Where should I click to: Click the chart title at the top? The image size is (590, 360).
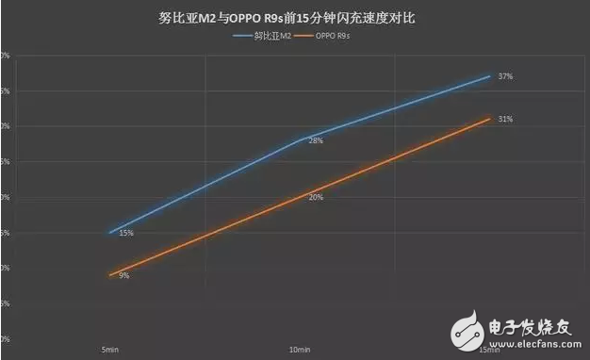pyautogui.click(x=296, y=17)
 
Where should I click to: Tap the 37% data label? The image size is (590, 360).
pyautogui.click(x=505, y=75)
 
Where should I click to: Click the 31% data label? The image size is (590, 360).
pyautogui.click(x=505, y=120)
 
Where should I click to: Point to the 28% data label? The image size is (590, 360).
pyautogui.click(x=316, y=141)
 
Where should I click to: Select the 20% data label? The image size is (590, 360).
pyautogui.click(x=316, y=197)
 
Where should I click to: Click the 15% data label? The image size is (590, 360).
pyautogui.click(x=125, y=233)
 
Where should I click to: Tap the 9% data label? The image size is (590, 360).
pyautogui.click(x=124, y=275)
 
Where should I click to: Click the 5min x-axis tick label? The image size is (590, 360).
pyautogui.click(x=109, y=350)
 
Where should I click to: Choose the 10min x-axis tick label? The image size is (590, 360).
pyautogui.click(x=300, y=350)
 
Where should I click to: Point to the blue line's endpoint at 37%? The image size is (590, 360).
pyautogui.click(x=490, y=75)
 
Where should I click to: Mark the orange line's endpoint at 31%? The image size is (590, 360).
pyautogui.click(x=490, y=118)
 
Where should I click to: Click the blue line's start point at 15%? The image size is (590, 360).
pyautogui.click(x=110, y=232)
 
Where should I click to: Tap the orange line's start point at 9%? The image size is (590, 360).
pyautogui.click(x=110, y=275)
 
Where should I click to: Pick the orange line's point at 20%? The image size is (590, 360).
pyautogui.click(x=301, y=196)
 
